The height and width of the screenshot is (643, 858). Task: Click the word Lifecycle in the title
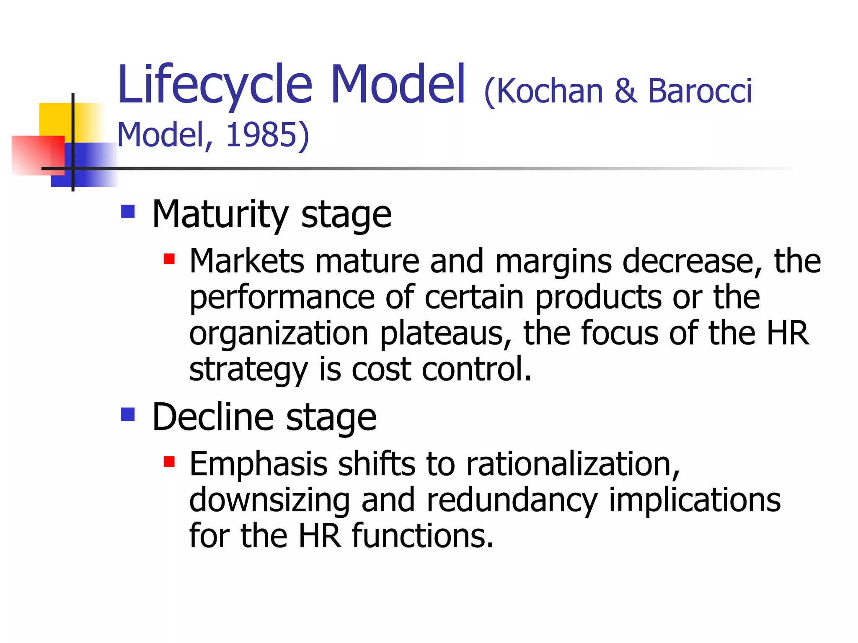[215, 86]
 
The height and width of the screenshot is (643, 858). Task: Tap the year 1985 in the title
[261, 135]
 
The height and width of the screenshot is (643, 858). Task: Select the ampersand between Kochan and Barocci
[625, 91]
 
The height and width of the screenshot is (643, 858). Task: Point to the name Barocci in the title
[700, 91]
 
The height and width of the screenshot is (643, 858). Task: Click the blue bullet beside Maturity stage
[128, 212]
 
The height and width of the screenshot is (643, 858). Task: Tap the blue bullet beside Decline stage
[128, 414]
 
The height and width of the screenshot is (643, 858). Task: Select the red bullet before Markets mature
[169, 259]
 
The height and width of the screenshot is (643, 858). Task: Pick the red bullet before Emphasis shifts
[169, 462]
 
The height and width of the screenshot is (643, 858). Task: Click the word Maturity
[220, 214]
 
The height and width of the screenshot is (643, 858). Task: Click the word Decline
[213, 417]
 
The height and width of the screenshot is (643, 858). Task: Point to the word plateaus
[445, 333]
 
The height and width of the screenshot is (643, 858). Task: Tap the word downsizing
[269, 500]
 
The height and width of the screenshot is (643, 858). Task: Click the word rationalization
[573, 464]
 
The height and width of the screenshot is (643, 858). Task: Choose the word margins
[553, 261]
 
